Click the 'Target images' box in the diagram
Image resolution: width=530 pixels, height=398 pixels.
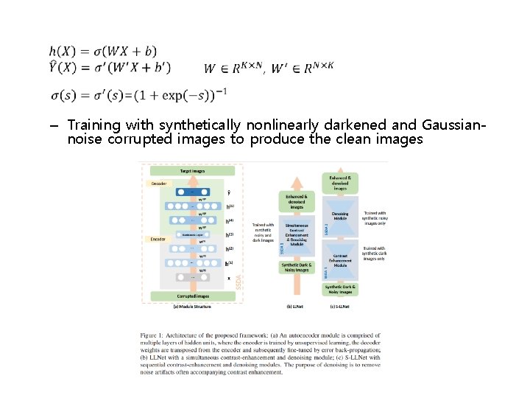click(x=192, y=170)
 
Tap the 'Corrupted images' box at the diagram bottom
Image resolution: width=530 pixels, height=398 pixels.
click(x=192, y=296)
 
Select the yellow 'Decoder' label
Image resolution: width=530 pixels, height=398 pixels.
click(x=159, y=183)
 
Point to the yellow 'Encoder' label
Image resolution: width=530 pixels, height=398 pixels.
click(x=158, y=239)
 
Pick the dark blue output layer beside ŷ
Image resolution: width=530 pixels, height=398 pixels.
click(x=193, y=192)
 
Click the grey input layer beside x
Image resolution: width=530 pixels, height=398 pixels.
click(x=193, y=278)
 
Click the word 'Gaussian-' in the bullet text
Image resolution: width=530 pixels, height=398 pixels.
click(x=450, y=125)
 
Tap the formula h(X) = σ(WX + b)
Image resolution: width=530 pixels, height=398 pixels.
click(x=103, y=51)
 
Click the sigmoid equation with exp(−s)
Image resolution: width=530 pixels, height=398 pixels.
click(x=138, y=94)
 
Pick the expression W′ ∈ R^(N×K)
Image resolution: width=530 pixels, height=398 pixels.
click(x=303, y=68)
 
